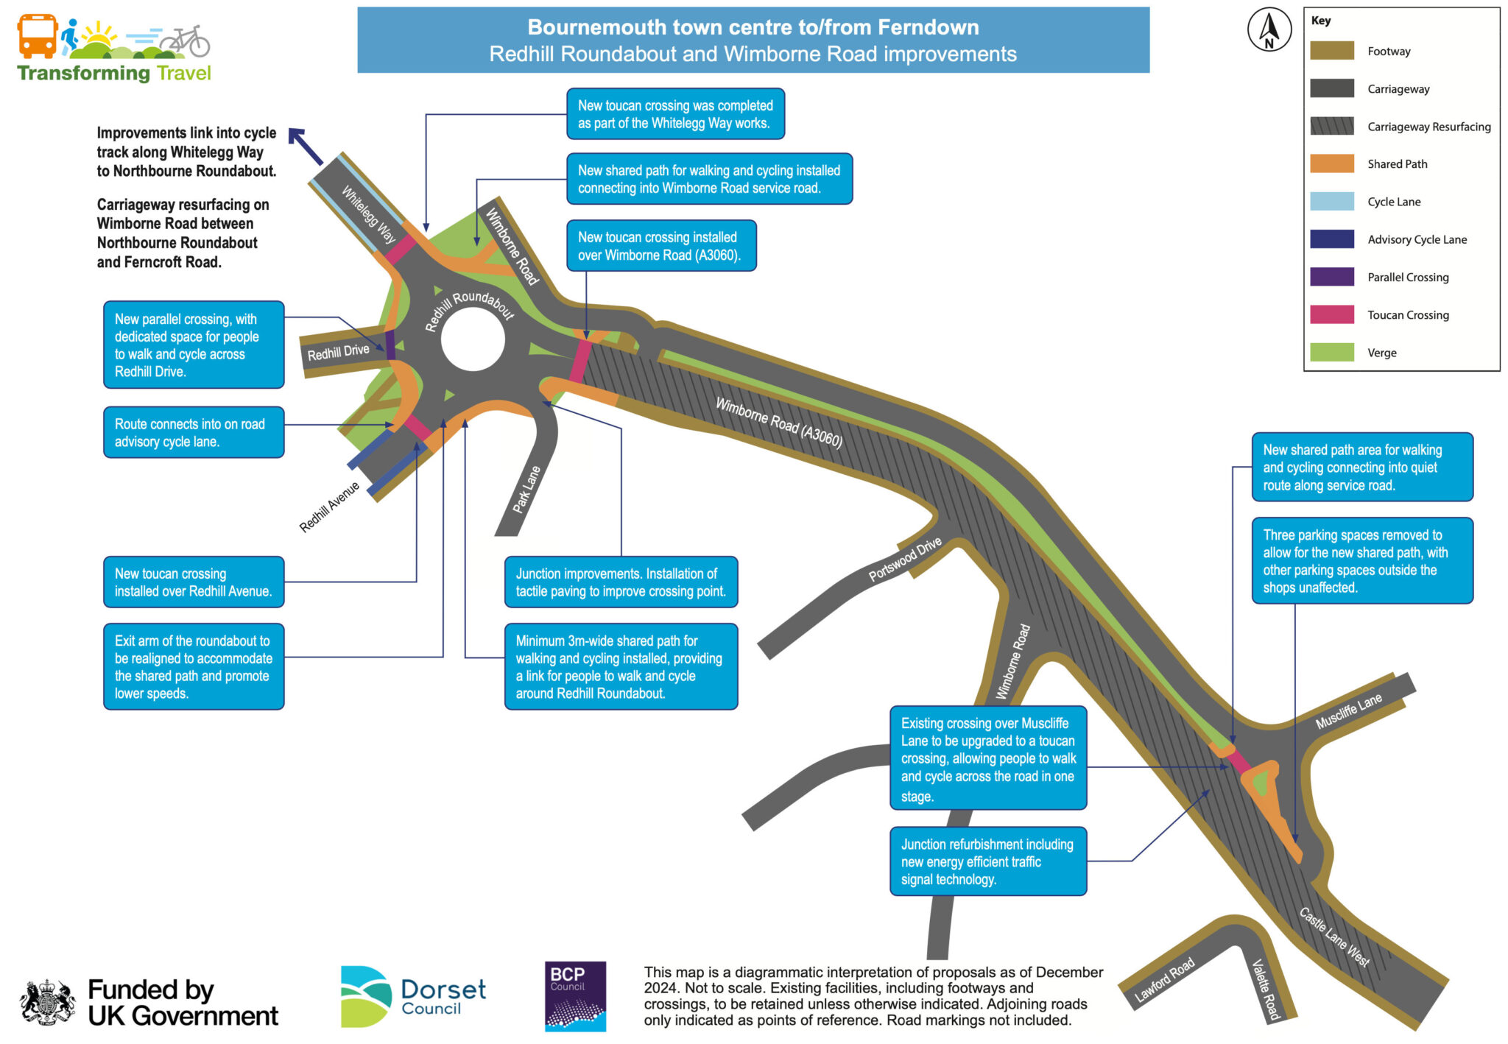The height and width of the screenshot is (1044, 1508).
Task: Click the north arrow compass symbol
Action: click(1269, 30)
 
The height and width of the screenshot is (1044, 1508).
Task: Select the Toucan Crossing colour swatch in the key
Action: click(1331, 314)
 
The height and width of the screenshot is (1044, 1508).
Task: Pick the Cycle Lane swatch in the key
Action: click(1331, 201)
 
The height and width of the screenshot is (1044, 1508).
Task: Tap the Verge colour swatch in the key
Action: click(1331, 353)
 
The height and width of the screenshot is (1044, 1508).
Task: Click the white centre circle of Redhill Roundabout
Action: click(472, 339)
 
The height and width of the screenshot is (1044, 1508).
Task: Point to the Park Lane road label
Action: click(526, 490)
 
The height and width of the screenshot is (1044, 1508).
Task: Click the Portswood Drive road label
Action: click(905, 560)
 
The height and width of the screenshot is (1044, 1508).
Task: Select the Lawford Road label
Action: click(1164, 981)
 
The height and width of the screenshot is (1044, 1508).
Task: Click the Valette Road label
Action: click(1266, 990)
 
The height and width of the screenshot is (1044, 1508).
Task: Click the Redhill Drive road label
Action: click(338, 353)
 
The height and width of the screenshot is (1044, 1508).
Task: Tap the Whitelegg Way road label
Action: click(368, 214)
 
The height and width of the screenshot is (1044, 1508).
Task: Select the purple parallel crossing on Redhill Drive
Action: click(390, 344)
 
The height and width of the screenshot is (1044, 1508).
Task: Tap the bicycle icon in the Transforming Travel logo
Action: click(186, 42)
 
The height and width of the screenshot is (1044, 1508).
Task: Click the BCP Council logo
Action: click(575, 995)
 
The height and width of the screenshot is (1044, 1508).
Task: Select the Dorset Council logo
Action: click(413, 996)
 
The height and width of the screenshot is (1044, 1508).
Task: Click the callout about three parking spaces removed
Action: click(1361, 561)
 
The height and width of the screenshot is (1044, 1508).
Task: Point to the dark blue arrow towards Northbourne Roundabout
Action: click(306, 147)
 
